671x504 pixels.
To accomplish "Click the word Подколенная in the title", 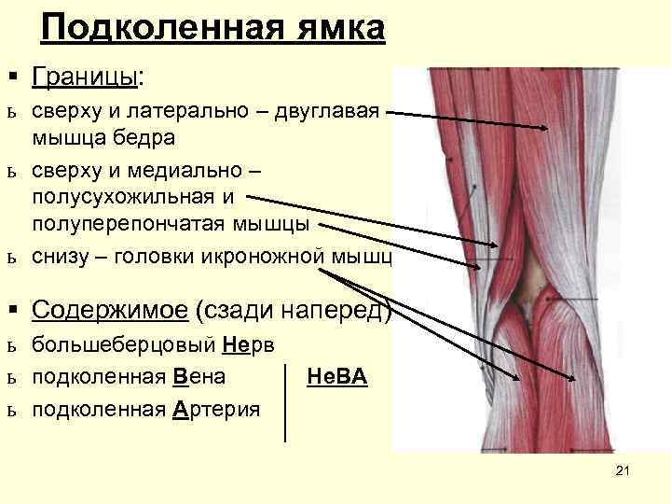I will [x=159, y=29].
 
